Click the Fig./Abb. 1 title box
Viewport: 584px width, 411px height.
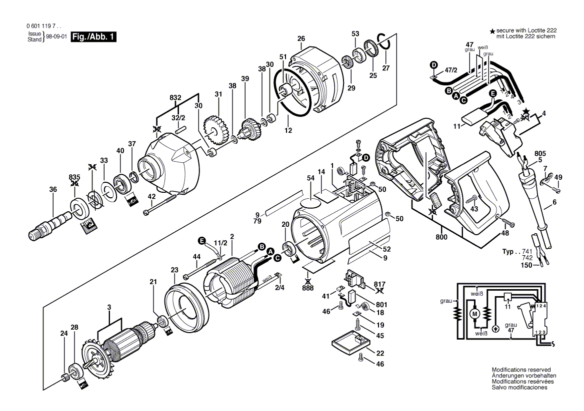click(x=93, y=37)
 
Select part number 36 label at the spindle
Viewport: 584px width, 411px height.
click(x=53, y=189)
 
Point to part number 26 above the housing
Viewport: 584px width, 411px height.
click(x=301, y=38)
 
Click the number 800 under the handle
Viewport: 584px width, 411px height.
click(x=441, y=238)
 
